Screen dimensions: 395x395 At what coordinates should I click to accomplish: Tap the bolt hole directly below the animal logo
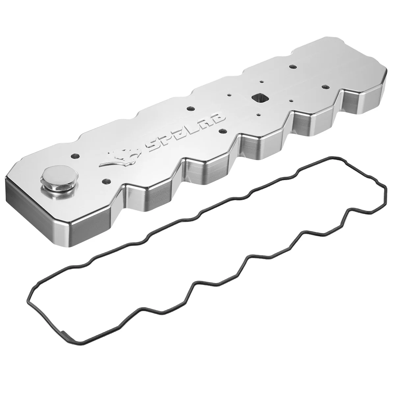pyautogui.click(x=106, y=181)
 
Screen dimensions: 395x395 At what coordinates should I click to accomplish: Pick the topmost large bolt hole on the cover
pyautogui.click(x=291, y=57)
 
